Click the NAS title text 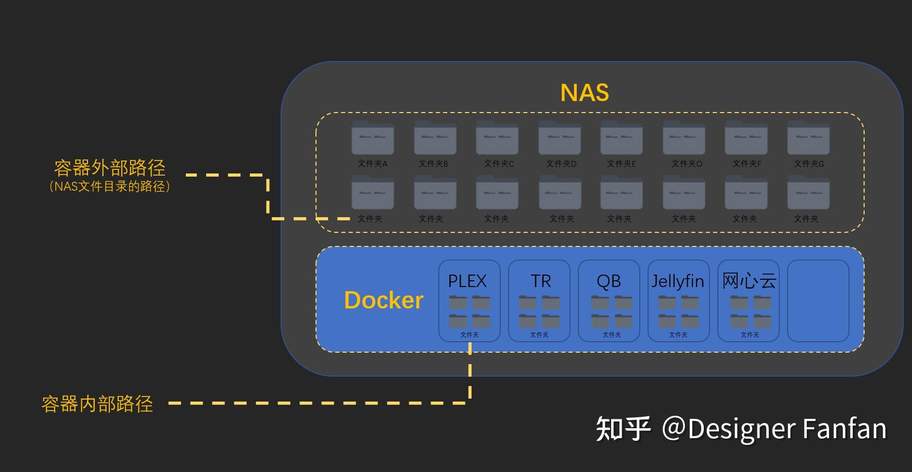[x=584, y=93]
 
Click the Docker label [x=384, y=300]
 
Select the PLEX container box [x=469, y=301]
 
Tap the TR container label [x=540, y=281]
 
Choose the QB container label [x=609, y=281]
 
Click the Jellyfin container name [x=678, y=281]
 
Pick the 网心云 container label [x=749, y=281]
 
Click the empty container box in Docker [x=818, y=301]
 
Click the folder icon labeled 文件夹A [x=373, y=138]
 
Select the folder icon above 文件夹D [x=560, y=138]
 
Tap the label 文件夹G [x=809, y=164]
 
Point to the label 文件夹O [x=687, y=164]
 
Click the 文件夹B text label [x=433, y=164]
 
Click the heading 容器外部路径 [x=110, y=168]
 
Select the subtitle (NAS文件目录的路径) [x=110, y=187]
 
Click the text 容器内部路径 [x=97, y=404]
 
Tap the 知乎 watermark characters [x=623, y=429]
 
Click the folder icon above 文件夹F [x=746, y=138]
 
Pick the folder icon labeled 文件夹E [x=622, y=138]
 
